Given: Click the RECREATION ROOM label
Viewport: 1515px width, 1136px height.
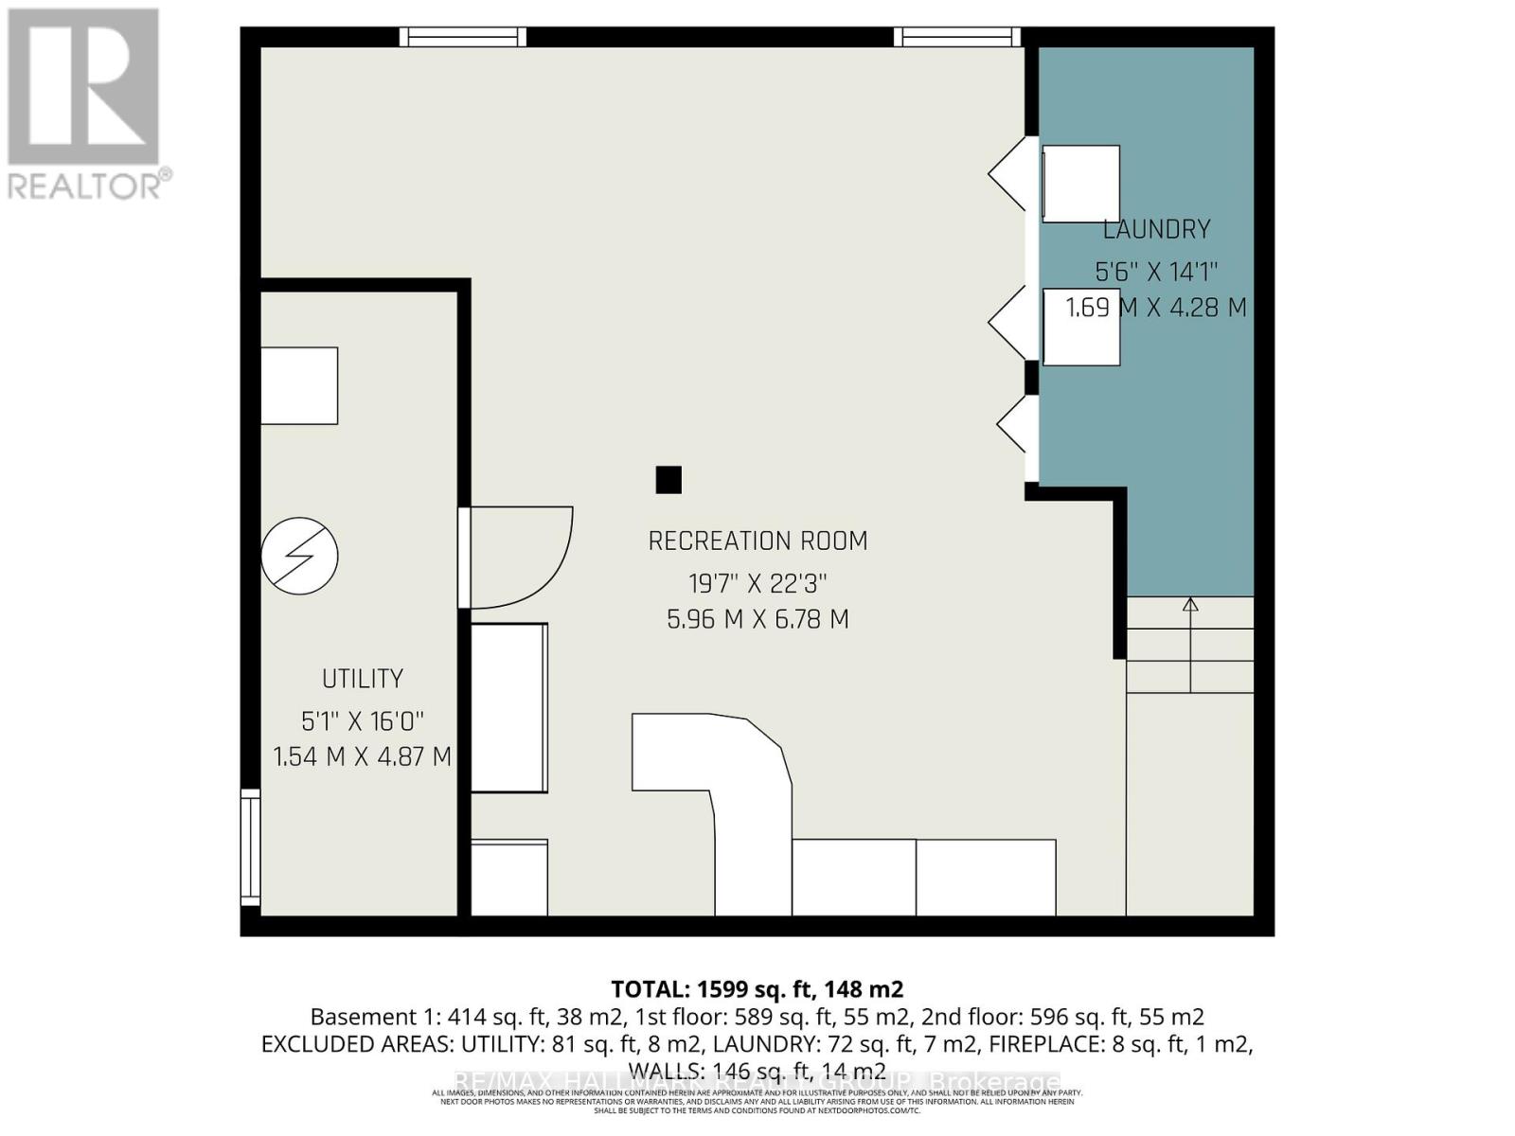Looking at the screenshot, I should (x=757, y=541).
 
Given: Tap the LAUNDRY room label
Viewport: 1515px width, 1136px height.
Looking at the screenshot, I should (x=1156, y=230).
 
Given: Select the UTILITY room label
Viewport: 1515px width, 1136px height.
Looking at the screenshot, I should (x=363, y=679).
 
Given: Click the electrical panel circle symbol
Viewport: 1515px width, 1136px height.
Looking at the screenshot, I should (x=300, y=556).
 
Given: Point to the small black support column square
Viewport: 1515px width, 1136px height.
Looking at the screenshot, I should (x=668, y=480).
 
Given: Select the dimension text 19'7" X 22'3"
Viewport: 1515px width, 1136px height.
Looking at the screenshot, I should (x=757, y=583).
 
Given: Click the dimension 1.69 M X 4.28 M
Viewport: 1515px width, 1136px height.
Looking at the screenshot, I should (x=1156, y=308).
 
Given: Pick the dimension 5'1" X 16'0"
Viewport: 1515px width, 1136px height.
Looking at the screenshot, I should (x=363, y=721).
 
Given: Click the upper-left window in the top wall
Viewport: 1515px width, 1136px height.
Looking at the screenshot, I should (x=462, y=37).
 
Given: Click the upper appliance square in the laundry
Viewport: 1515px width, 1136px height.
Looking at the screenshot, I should (x=1080, y=184).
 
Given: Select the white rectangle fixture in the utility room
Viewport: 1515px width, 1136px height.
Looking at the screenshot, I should (x=299, y=385).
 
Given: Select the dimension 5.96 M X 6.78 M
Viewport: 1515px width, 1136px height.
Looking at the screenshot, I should (x=757, y=620).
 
